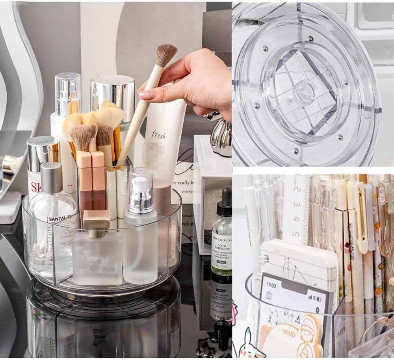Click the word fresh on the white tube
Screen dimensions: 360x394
coord(158,135)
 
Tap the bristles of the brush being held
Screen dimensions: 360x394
coord(166,54)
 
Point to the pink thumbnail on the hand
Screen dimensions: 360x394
coord(147,95)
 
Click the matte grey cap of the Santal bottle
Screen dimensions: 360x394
coord(52,177)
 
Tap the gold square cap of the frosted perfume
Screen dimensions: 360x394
coord(96,219)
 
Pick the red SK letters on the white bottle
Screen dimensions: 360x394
coord(36,187)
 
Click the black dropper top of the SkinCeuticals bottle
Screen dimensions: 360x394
coord(224,202)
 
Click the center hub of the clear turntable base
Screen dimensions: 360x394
coord(305,91)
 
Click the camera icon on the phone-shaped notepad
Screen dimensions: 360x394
coord(269,295)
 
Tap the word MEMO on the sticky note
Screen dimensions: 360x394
coord(288,333)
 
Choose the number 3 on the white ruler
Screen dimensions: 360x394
coord(296,204)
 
